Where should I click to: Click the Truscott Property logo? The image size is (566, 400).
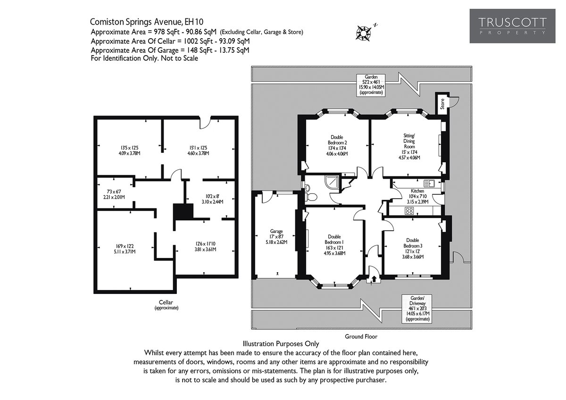(512, 26)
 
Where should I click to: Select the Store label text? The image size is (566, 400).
(442, 103)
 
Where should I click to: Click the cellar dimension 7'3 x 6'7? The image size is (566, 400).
(113, 194)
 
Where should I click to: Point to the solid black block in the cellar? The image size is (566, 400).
(183, 211)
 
